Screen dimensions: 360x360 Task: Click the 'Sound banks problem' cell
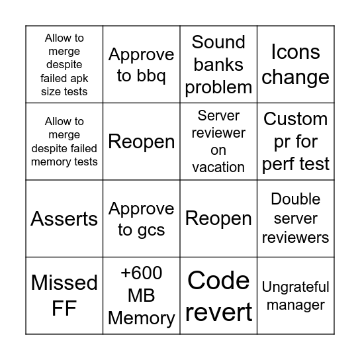(x=218, y=65)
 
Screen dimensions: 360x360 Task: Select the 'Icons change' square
(x=295, y=65)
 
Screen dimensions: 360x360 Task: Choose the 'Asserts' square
(x=64, y=219)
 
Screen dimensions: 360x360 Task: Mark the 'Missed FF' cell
(x=64, y=295)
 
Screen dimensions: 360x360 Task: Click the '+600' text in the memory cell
(x=142, y=273)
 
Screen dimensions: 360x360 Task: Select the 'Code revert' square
(x=218, y=295)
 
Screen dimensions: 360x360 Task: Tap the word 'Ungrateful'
(x=295, y=287)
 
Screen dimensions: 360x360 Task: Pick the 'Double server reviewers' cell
(x=295, y=218)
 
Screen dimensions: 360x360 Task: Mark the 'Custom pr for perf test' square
(x=295, y=142)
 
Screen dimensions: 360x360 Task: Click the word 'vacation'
(x=218, y=167)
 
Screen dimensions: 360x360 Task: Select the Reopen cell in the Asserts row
(x=218, y=219)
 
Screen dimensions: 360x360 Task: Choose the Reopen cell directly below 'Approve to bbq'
(x=142, y=142)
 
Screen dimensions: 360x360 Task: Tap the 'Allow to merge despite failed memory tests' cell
(x=64, y=142)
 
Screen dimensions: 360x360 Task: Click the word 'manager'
(x=295, y=305)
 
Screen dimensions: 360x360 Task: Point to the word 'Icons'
(x=295, y=52)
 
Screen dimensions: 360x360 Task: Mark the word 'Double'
(x=295, y=199)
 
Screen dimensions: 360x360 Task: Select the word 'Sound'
(x=218, y=42)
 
